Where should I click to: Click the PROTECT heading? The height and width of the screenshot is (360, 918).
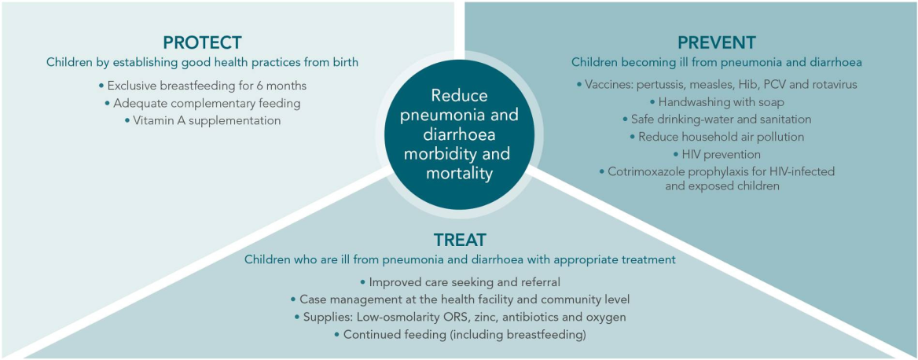(x=202, y=42)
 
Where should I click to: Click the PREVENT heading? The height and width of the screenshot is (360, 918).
(x=718, y=42)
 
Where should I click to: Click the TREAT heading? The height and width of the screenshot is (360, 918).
(x=460, y=239)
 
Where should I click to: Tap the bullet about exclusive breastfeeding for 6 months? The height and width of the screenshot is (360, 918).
(x=202, y=86)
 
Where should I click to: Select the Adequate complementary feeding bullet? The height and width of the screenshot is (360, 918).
(x=202, y=103)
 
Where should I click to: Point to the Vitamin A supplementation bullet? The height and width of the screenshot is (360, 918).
(x=202, y=120)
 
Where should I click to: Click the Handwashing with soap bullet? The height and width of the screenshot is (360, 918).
(x=717, y=101)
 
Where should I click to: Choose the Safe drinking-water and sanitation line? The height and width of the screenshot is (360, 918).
(x=717, y=119)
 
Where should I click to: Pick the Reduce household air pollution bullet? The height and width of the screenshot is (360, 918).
(x=717, y=136)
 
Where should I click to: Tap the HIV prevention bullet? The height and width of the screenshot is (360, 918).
(x=717, y=153)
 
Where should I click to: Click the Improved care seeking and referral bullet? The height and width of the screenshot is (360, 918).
(x=460, y=281)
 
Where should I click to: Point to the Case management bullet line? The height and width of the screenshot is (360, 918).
(x=460, y=299)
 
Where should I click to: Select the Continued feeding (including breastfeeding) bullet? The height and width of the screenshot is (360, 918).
(x=460, y=334)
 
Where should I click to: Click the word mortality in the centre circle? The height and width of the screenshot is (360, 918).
(x=459, y=172)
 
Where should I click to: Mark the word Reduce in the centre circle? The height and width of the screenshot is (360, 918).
(x=459, y=96)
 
